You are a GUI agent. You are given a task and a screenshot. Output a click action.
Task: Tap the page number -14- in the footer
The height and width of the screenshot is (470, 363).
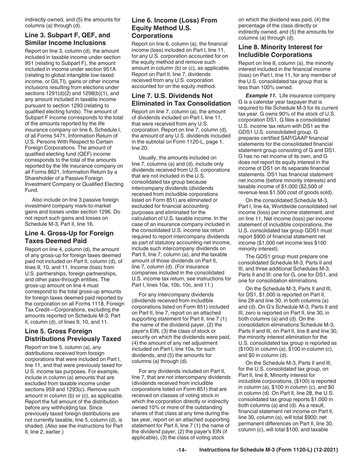(181, 451)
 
